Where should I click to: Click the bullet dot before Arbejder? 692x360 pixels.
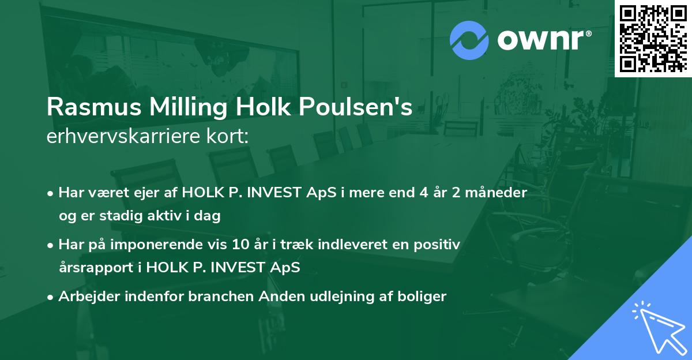(51, 297)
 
